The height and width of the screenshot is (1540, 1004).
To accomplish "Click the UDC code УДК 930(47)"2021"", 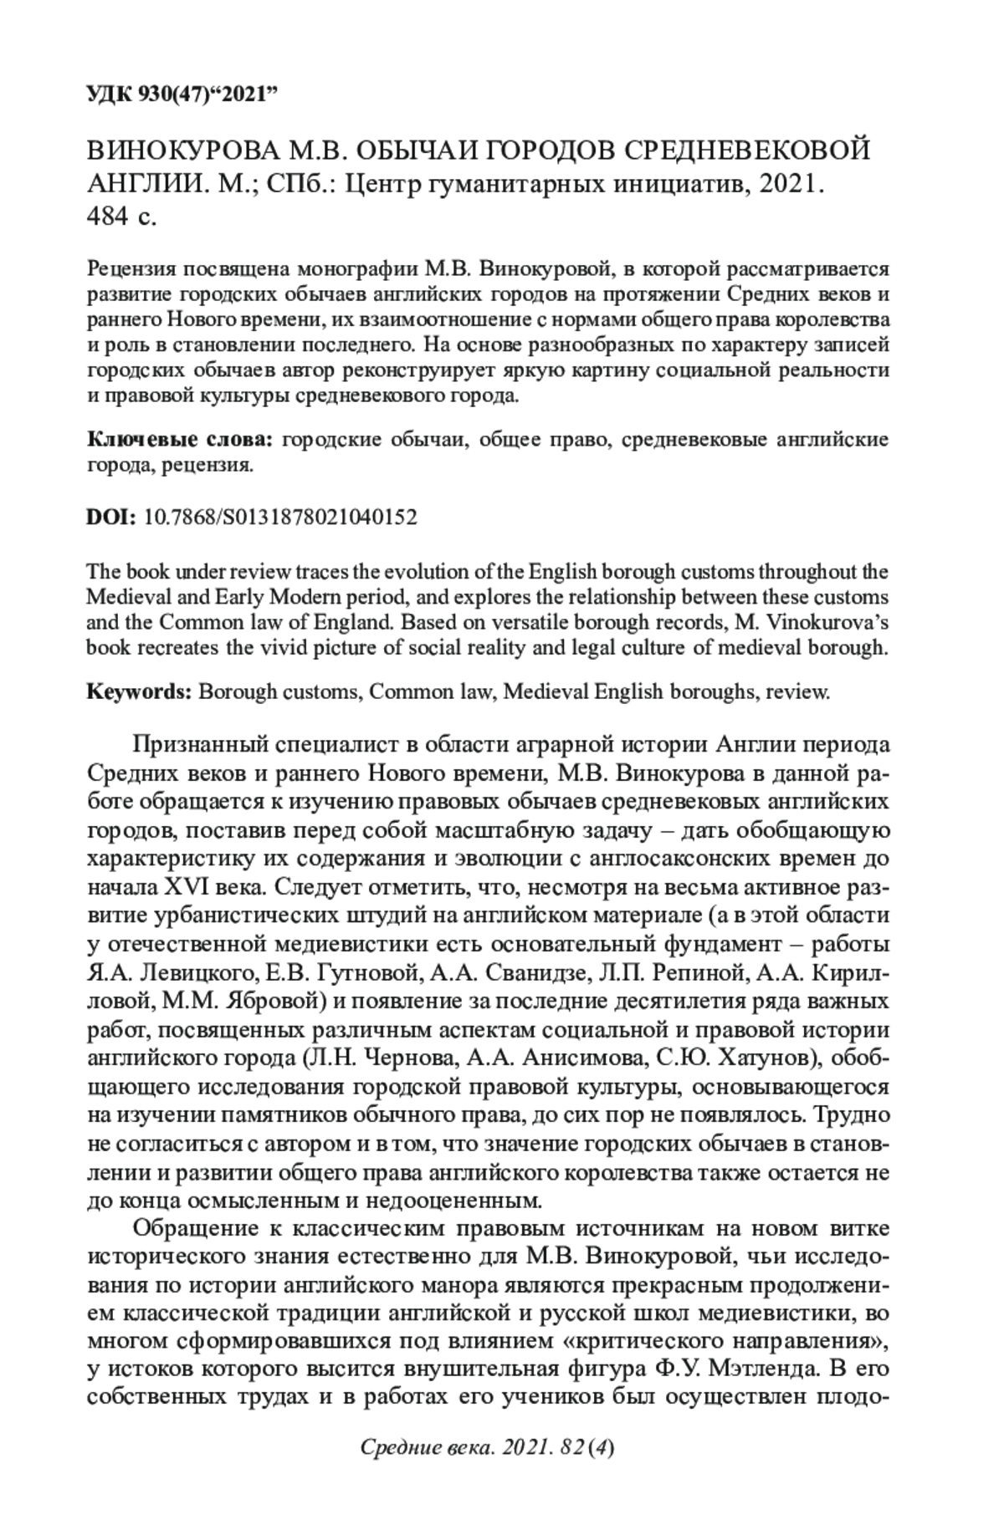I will [182, 94].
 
